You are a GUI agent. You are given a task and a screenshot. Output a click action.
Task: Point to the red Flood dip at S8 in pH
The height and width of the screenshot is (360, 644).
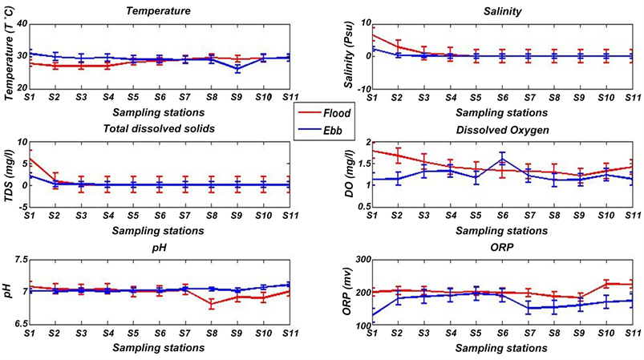[211, 305]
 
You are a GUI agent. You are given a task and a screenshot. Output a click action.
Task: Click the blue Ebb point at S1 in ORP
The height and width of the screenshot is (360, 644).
[372, 314]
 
